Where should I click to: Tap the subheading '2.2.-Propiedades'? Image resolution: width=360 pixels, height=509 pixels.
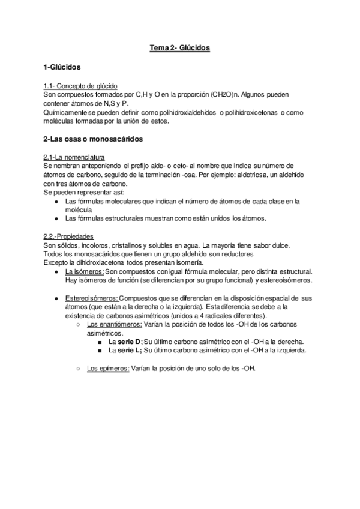(68, 236)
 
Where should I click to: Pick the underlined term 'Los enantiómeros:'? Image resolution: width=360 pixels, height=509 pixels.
(114, 324)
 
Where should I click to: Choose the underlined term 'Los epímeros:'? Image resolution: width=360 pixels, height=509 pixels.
(108, 368)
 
